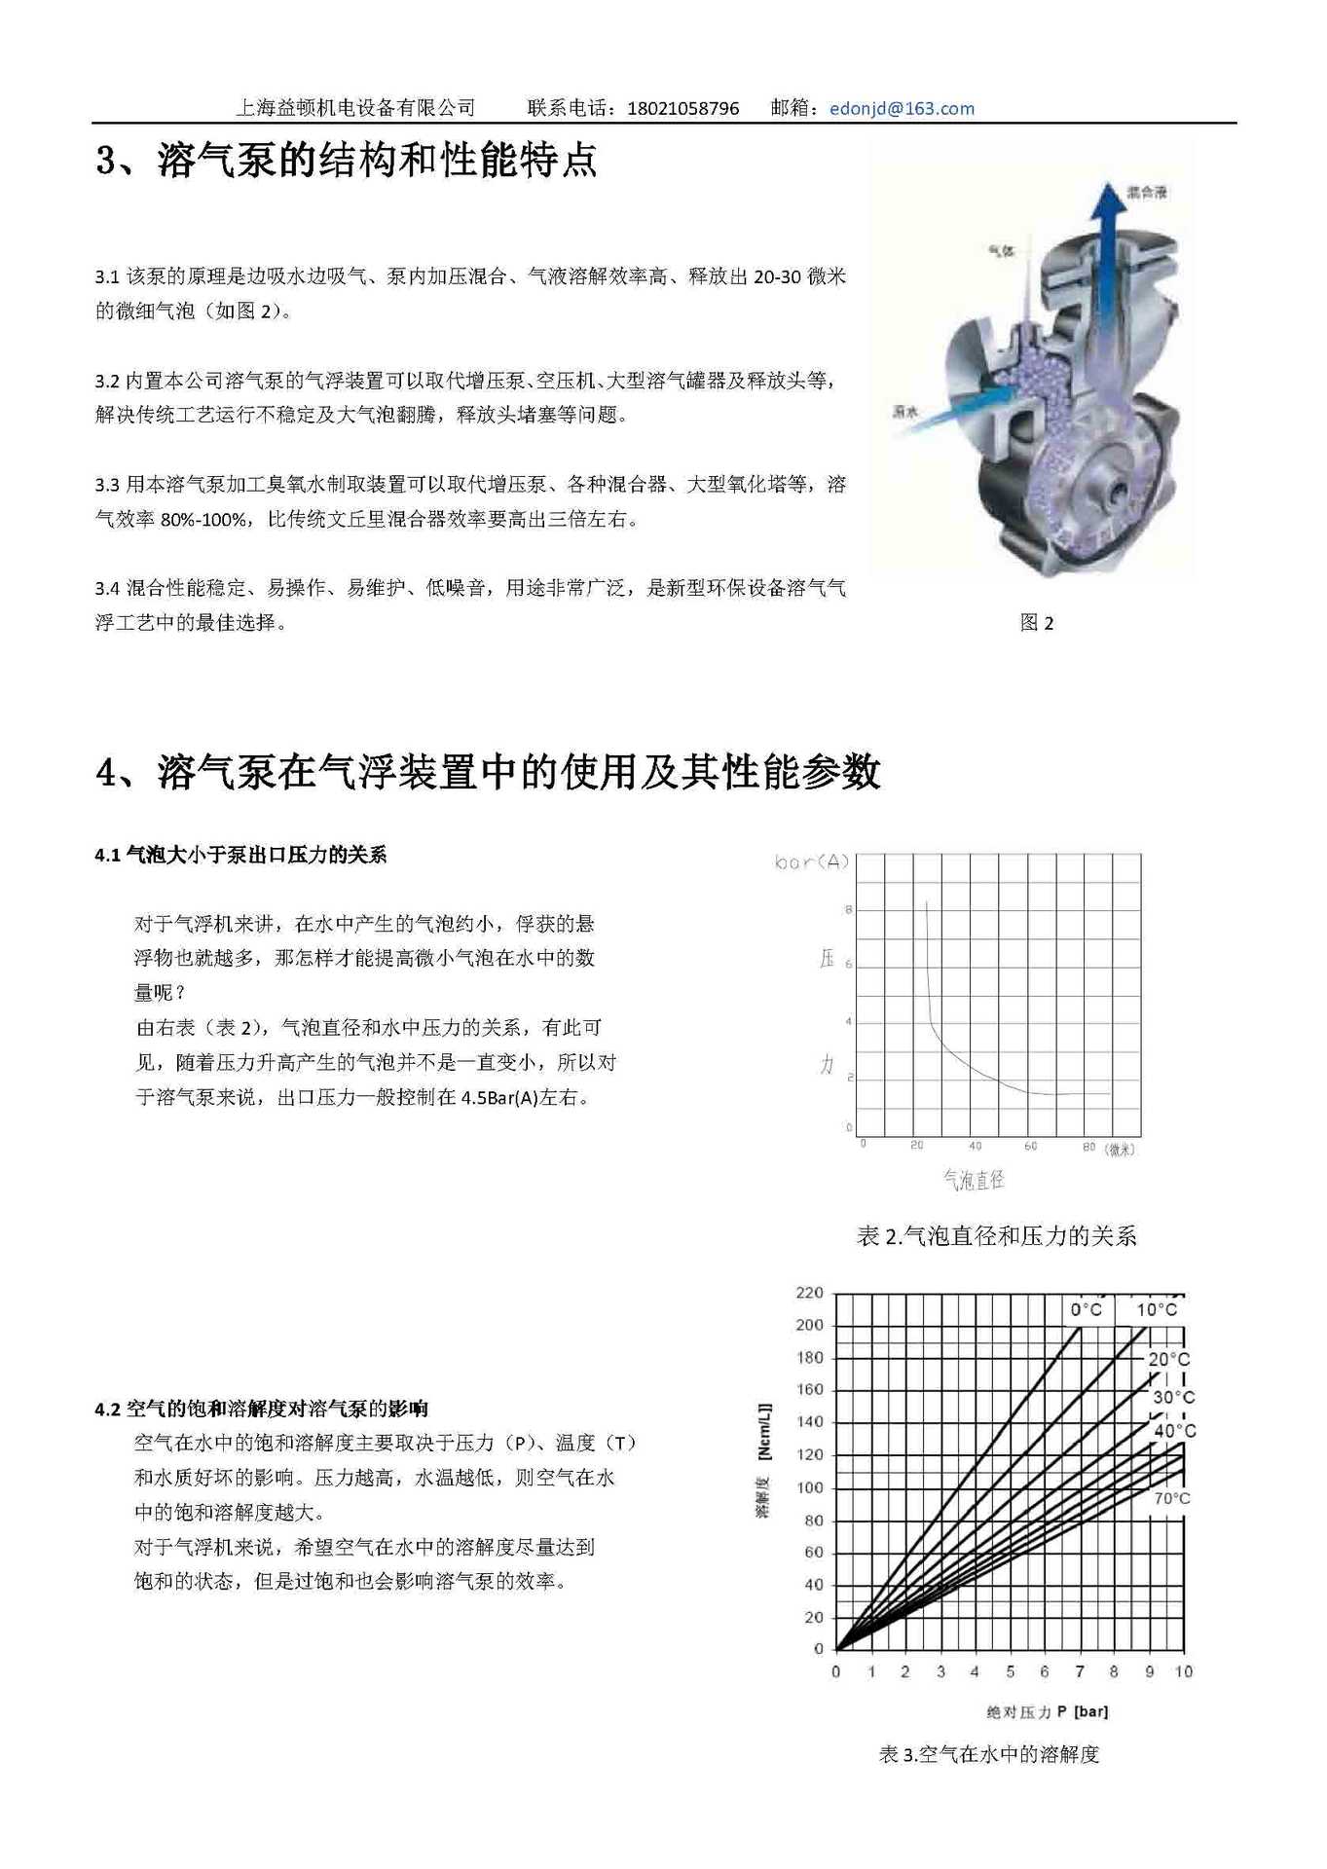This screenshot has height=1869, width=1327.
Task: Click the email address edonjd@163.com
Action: tap(902, 108)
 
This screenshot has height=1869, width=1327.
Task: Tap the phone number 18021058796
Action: tap(682, 108)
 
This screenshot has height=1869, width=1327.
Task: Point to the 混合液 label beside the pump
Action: tap(1146, 193)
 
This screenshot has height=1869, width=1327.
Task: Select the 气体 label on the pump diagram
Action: tap(1001, 251)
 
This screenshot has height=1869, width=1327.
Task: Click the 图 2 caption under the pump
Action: tap(1036, 623)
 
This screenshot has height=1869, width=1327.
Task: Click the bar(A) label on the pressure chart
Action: tap(812, 861)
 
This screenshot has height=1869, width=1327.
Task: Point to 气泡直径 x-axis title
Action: tap(973, 1180)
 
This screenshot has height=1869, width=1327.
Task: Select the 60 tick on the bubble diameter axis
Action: tap(1030, 1146)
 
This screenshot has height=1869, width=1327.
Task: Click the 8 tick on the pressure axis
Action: tap(848, 909)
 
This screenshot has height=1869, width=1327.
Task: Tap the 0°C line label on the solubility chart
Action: tap(1086, 1309)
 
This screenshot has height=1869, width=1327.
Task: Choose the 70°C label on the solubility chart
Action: tap(1171, 1498)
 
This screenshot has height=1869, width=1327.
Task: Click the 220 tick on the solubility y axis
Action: tap(809, 1293)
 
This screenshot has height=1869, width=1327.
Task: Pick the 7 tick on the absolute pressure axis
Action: tap(1079, 1671)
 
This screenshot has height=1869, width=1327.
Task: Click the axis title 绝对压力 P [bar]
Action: tap(1047, 1711)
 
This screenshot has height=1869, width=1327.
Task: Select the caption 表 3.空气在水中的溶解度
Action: tap(988, 1754)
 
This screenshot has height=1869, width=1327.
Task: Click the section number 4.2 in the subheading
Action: tap(107, 1409)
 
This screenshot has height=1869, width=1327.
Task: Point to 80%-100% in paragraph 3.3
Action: tap(203, 520)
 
